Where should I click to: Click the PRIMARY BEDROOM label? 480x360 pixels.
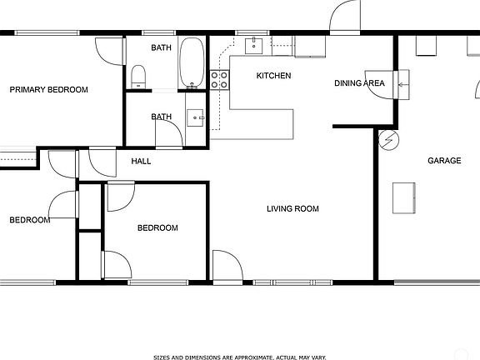(48, 90)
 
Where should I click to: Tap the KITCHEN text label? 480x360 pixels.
(273, 76)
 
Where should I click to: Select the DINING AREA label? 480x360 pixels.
(359, 83)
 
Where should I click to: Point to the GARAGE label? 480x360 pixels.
(444, 161)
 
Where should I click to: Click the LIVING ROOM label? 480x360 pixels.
(292, 208)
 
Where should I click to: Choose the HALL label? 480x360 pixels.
(141, 161)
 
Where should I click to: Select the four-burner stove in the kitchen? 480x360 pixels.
(220, 79)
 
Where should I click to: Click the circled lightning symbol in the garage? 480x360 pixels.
(388, 140)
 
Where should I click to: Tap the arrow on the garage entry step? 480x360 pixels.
(404, 84)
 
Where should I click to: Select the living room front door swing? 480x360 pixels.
(224, 265)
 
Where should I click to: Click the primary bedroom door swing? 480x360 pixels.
(109, 51)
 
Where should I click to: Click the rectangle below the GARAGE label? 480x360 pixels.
(405, 197)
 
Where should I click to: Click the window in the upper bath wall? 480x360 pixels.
(158, 33)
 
